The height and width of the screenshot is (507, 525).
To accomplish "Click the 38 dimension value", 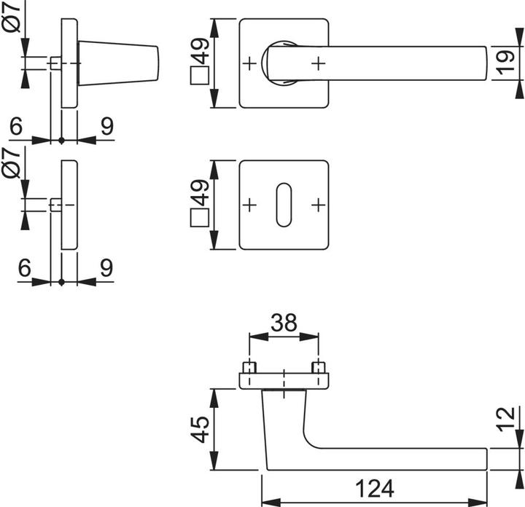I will pos(283,323).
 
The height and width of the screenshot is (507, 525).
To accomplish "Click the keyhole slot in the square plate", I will pos(282,205).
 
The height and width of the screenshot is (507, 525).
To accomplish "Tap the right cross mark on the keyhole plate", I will pos(316,205).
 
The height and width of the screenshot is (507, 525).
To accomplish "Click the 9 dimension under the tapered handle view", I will pos(106,126).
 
